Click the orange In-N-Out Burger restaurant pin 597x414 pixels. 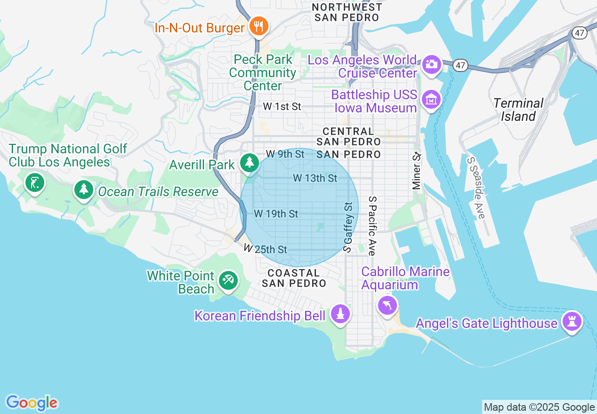tap(258, 26)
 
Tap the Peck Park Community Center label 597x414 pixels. tap(263, 73)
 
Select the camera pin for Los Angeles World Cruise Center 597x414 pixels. tap(431, 64)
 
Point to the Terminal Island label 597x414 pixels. tap(518, 110)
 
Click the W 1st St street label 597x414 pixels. tap(282, 107)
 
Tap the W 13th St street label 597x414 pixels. tap(315, 178)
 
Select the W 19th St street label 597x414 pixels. tap(276, 214)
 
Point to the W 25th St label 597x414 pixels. tap(266, 249)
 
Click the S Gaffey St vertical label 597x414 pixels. tap(348, 227)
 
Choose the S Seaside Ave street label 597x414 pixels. tap(476, 188)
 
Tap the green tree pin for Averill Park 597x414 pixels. tap(249, 163)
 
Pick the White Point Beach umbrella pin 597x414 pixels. tap(228, 281)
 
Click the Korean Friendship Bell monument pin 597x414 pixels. tap(340, 314)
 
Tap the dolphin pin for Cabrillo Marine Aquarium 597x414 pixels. tap(387, 306)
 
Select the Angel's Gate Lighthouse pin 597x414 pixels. tap(573, 322)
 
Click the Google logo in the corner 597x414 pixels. tap(32, 403)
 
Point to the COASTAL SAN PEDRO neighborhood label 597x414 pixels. tap(294, 278)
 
